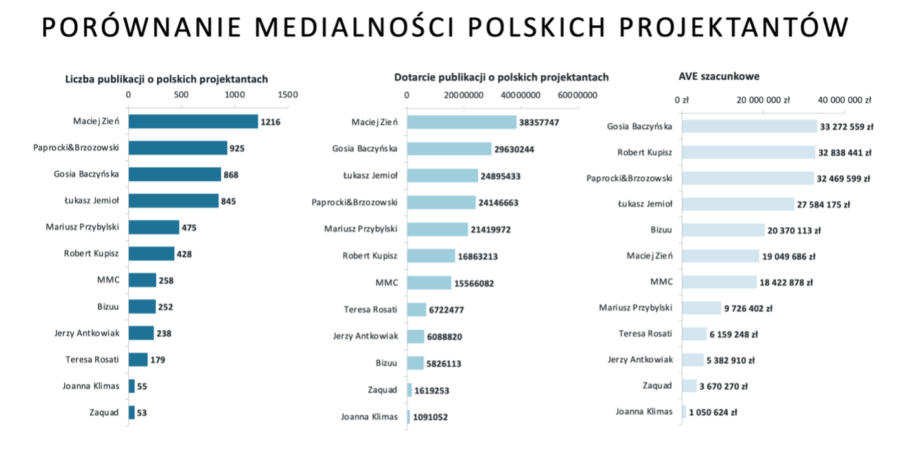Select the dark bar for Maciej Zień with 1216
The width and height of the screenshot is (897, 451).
click(x=193, y=121)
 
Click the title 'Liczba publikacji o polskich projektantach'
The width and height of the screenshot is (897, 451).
click(x=167, y=79)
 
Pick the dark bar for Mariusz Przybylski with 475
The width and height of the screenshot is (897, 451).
click(x=154, y=227)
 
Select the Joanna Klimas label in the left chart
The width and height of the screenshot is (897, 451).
click(x=91, y=386)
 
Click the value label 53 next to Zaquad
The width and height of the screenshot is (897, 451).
click(x=142, y=413)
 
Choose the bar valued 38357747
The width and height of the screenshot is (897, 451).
click(x=462, y=122)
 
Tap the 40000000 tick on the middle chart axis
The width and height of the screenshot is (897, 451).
click(x=521, y=95)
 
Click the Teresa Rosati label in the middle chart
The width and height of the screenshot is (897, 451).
click(x=370, y=309)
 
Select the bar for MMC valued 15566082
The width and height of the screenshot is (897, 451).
click(x=429, y=283)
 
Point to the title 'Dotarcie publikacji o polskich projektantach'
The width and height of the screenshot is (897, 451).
click(x=502, y=77)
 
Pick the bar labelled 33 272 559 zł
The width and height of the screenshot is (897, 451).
click(x=749, y=126)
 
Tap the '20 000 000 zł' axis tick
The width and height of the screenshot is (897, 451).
click(x=763, y=100)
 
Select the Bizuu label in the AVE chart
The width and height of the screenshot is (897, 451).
click(x=661, y=229)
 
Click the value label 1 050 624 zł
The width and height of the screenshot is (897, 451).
click(x=712, y=412)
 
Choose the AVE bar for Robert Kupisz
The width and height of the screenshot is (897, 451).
click(x=749, y=152)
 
